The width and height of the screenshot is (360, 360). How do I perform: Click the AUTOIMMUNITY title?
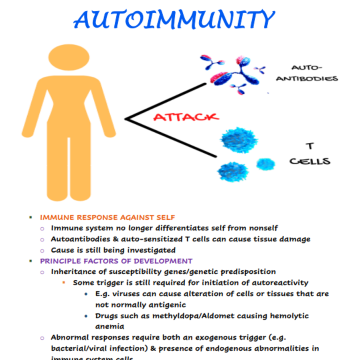point(173,20)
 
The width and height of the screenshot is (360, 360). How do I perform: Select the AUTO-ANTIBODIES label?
point(306,74)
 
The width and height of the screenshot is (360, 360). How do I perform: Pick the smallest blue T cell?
point(266,164)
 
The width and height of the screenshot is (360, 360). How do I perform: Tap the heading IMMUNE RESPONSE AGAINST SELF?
point(107,217)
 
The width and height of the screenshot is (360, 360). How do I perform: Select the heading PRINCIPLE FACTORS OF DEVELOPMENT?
point(116,261)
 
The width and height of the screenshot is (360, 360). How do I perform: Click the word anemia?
point(110,327)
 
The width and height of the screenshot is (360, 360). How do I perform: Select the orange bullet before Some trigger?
point(63,283)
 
